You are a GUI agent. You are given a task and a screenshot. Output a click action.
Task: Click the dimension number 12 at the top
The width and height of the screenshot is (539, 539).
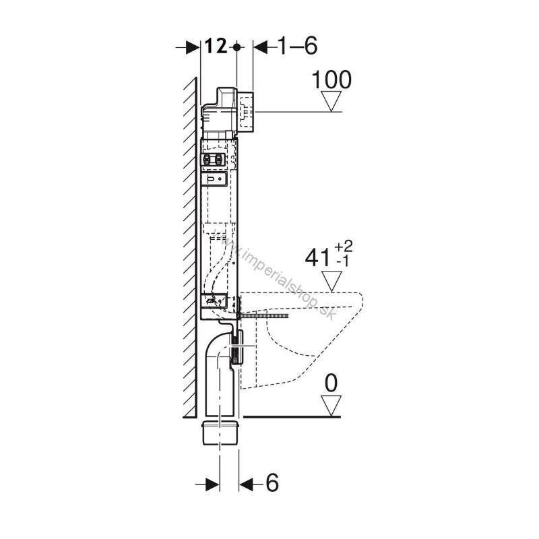click(x=216, y=46)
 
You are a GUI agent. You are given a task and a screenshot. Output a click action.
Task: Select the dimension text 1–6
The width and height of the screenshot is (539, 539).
click(x=298, y=46)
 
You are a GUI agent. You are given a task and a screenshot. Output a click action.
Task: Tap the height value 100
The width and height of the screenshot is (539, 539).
click(x=331, y=80)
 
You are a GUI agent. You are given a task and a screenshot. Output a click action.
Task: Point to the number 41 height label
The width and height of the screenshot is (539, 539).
click(x=317, y=258)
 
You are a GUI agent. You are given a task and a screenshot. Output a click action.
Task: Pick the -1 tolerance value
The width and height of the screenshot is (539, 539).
click(x=343, y=261)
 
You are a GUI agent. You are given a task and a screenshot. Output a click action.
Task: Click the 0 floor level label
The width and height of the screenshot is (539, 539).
click(x=331, y=383)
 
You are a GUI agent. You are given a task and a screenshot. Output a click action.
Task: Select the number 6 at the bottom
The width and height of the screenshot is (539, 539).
click(x=272, y=482)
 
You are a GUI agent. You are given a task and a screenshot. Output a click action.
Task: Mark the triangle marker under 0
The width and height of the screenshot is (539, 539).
click(x=331, y=406)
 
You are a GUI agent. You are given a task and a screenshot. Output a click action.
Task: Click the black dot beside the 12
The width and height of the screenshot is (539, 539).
click(x=236, y=46)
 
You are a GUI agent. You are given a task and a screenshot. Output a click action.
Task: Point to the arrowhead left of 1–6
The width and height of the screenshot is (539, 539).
click(x=261, y=46)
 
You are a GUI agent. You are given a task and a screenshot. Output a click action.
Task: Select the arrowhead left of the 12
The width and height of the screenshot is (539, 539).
click(x=193, y=46)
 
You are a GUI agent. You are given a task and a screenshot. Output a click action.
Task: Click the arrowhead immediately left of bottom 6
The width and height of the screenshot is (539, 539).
click(x=246, y=484)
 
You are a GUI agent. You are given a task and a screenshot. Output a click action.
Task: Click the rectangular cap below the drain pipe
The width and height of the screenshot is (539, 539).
click(x=220, y=432)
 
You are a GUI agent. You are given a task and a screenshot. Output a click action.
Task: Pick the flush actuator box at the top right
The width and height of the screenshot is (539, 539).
click(x=246, y=112)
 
